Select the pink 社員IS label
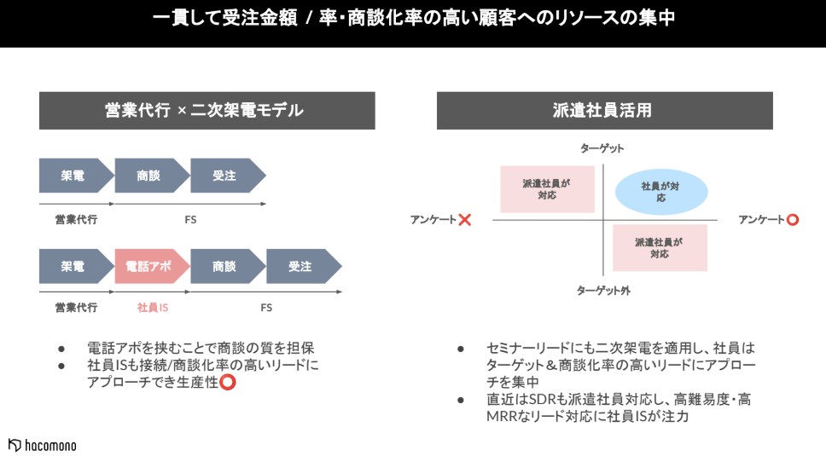153,308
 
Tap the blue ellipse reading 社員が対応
661,192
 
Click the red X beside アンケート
464,220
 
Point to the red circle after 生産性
228,382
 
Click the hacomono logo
42,445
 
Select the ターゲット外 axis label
603,291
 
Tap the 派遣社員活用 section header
604,111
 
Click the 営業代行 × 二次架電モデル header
207,111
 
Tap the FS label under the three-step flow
190,220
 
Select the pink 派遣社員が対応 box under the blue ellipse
660,248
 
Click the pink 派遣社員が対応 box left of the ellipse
547,189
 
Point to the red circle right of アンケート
793,220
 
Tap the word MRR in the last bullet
500,417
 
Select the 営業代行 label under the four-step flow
77,308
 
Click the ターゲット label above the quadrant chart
602,148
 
